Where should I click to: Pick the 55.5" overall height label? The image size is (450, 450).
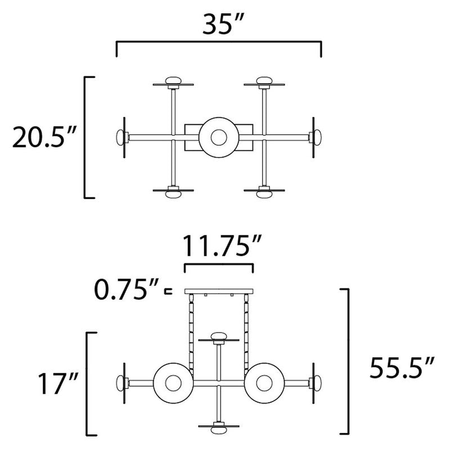400,370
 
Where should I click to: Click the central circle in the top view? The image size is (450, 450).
219,136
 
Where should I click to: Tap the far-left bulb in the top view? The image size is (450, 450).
121,137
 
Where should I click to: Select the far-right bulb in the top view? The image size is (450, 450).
317,137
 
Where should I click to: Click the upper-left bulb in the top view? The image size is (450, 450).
173,81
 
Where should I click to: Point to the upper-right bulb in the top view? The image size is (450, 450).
264,81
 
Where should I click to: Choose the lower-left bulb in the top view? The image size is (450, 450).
173,193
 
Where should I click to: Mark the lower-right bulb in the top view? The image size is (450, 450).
264,193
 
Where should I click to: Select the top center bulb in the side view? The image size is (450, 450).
219,337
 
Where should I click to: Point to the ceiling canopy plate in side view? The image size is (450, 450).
219,291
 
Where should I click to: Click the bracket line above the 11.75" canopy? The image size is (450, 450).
219,264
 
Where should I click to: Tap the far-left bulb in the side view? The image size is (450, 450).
120,383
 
